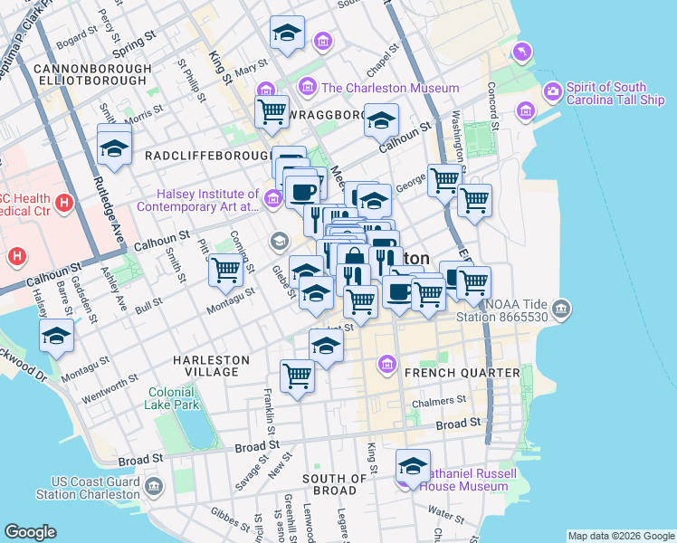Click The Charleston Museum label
tap(374, 88)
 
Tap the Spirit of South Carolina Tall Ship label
tap(606, 93)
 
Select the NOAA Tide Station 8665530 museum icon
tap(561, 310)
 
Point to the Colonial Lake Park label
tap(172, 399)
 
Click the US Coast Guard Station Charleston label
tap(88, 488)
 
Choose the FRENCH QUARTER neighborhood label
tap(462, 373)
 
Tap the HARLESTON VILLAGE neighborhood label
tap(211, 366)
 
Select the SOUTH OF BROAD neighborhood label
tap(335, 484)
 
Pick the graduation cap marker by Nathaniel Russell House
tap(413, 468)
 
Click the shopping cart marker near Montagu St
tap(225, 269)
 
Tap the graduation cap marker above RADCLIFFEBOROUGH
tap(114, 146)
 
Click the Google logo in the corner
tap(30, 531)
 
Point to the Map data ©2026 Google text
tap(620, 536)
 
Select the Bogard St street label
tap(76, 42)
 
